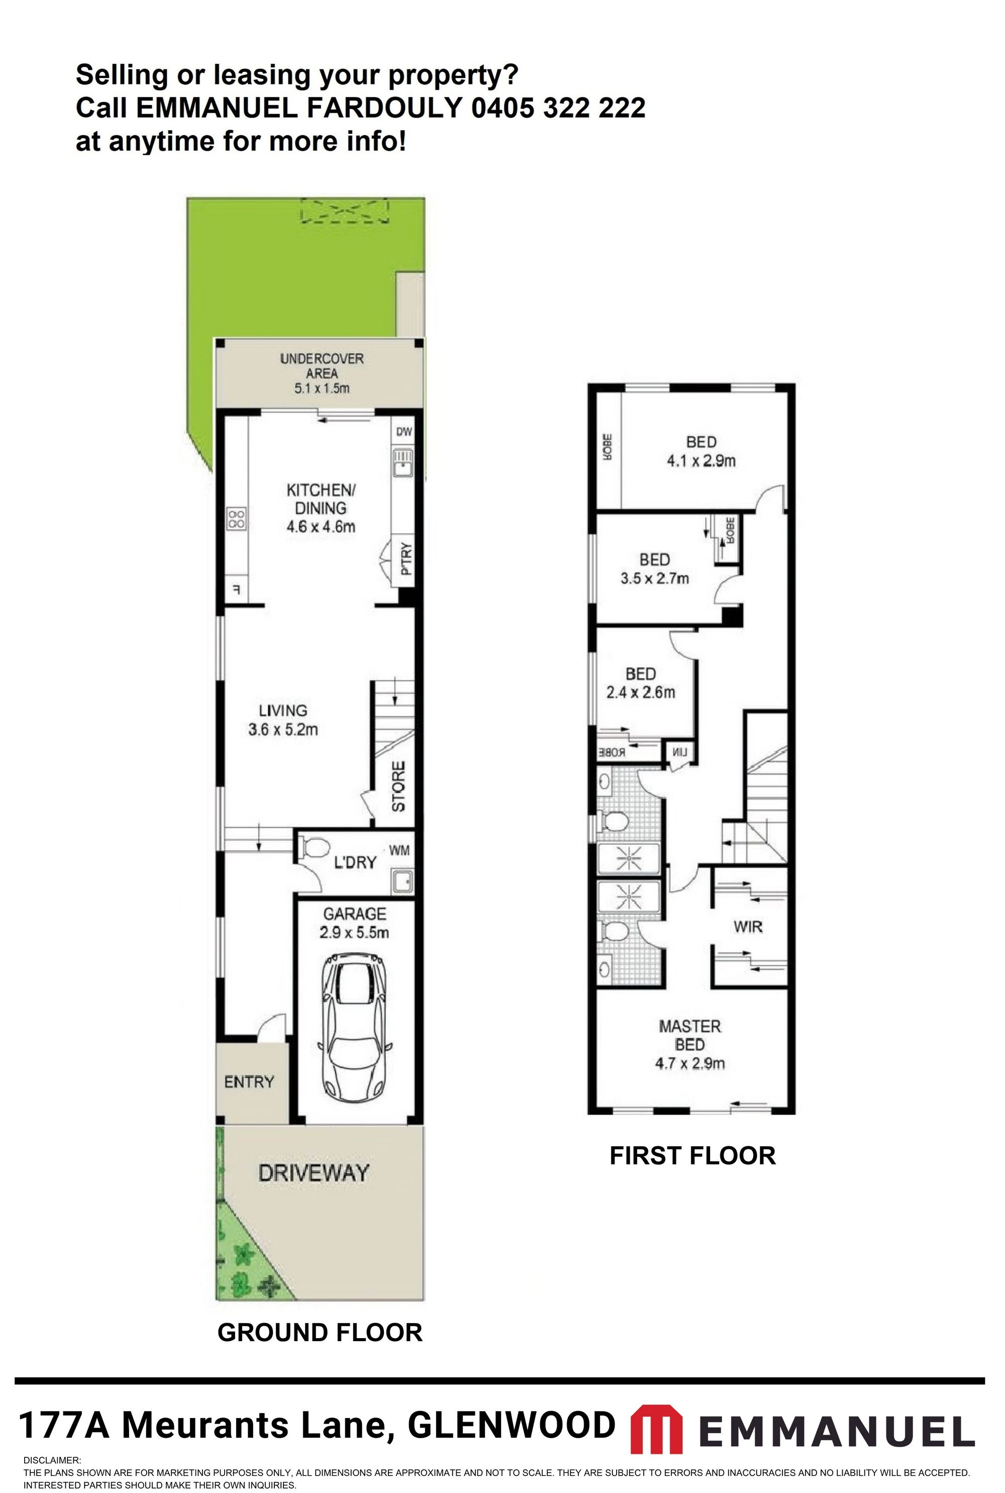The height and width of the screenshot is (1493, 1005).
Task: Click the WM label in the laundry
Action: coord(399,851)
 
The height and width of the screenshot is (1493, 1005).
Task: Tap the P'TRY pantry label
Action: coord(406,559)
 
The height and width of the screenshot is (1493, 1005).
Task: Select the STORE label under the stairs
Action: coord(398,787)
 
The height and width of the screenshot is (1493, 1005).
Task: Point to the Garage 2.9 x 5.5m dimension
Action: coord(354,932)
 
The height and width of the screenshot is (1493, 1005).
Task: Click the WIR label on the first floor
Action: coord(748,927)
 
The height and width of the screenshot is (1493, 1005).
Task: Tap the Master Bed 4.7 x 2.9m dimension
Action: coord(689,1064)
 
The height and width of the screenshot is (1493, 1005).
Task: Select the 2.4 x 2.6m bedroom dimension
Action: coord(640,692)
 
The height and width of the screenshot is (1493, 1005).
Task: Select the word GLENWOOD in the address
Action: coord(511,1426)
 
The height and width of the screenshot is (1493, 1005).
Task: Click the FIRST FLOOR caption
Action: coord(692,1155)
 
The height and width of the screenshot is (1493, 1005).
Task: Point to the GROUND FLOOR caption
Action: coord(320,1332)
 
